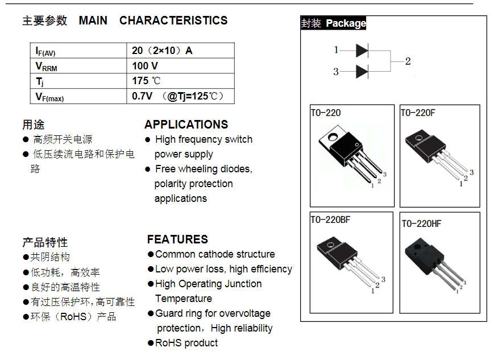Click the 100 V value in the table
(x=145, y=66)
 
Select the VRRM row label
(x=46, y=67)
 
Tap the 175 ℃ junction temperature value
(x=146, y=81)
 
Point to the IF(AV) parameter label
(x=45, y=51)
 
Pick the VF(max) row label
(x=49, y=97)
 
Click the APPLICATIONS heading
(x=186, y=125)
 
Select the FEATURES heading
(x=178, y=239)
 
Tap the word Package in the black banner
(x=346, y=23)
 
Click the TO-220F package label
(x=418, y=113)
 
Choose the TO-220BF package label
(x=330, y=220)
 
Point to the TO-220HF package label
(x=422, y=224)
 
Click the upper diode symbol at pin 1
(x=362, y=51)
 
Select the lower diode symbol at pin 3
(x=362, y=72)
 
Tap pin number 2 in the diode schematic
(x=408, y=61)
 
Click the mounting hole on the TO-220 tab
(x=333, y=137)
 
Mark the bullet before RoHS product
(x=151, y=343)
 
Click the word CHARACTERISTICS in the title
(x=173, y=20)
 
